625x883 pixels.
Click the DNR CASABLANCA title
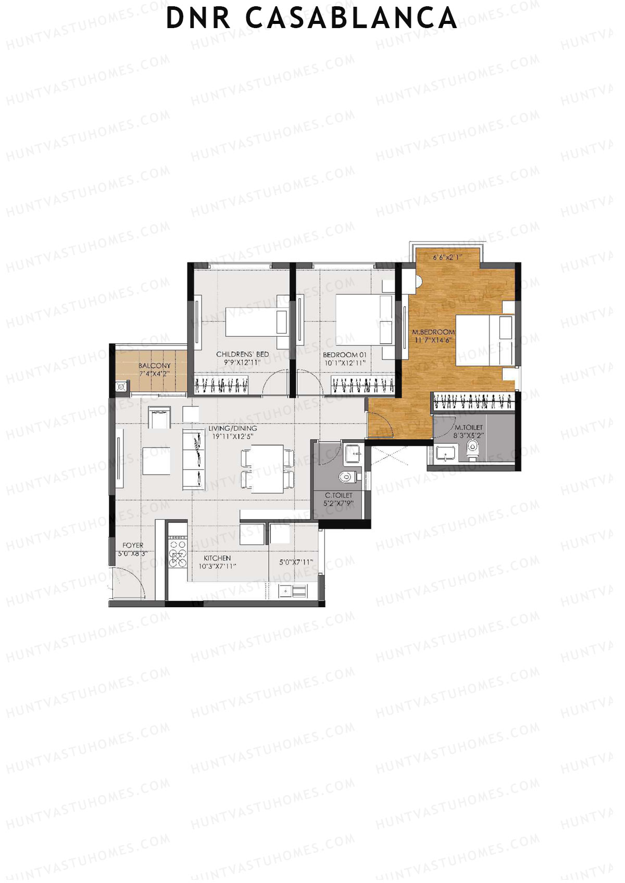[311, 18]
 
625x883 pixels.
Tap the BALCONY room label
[154, 366]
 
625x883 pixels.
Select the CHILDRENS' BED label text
[242, 354]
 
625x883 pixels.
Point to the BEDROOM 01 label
[344, 355]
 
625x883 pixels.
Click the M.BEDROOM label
[433, 331]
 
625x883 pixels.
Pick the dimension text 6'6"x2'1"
[448, 257]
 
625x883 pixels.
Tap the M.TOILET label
[468, 427]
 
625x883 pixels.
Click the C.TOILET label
[339, 495]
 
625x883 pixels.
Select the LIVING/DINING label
[232, 428]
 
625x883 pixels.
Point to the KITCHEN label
[217, 558]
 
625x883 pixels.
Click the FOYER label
[133, 545]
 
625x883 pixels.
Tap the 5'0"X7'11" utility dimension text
[296, 562]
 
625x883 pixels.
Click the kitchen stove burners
[178, 552]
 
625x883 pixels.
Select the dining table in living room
[268, 468]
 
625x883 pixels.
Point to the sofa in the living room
[193, 458]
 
